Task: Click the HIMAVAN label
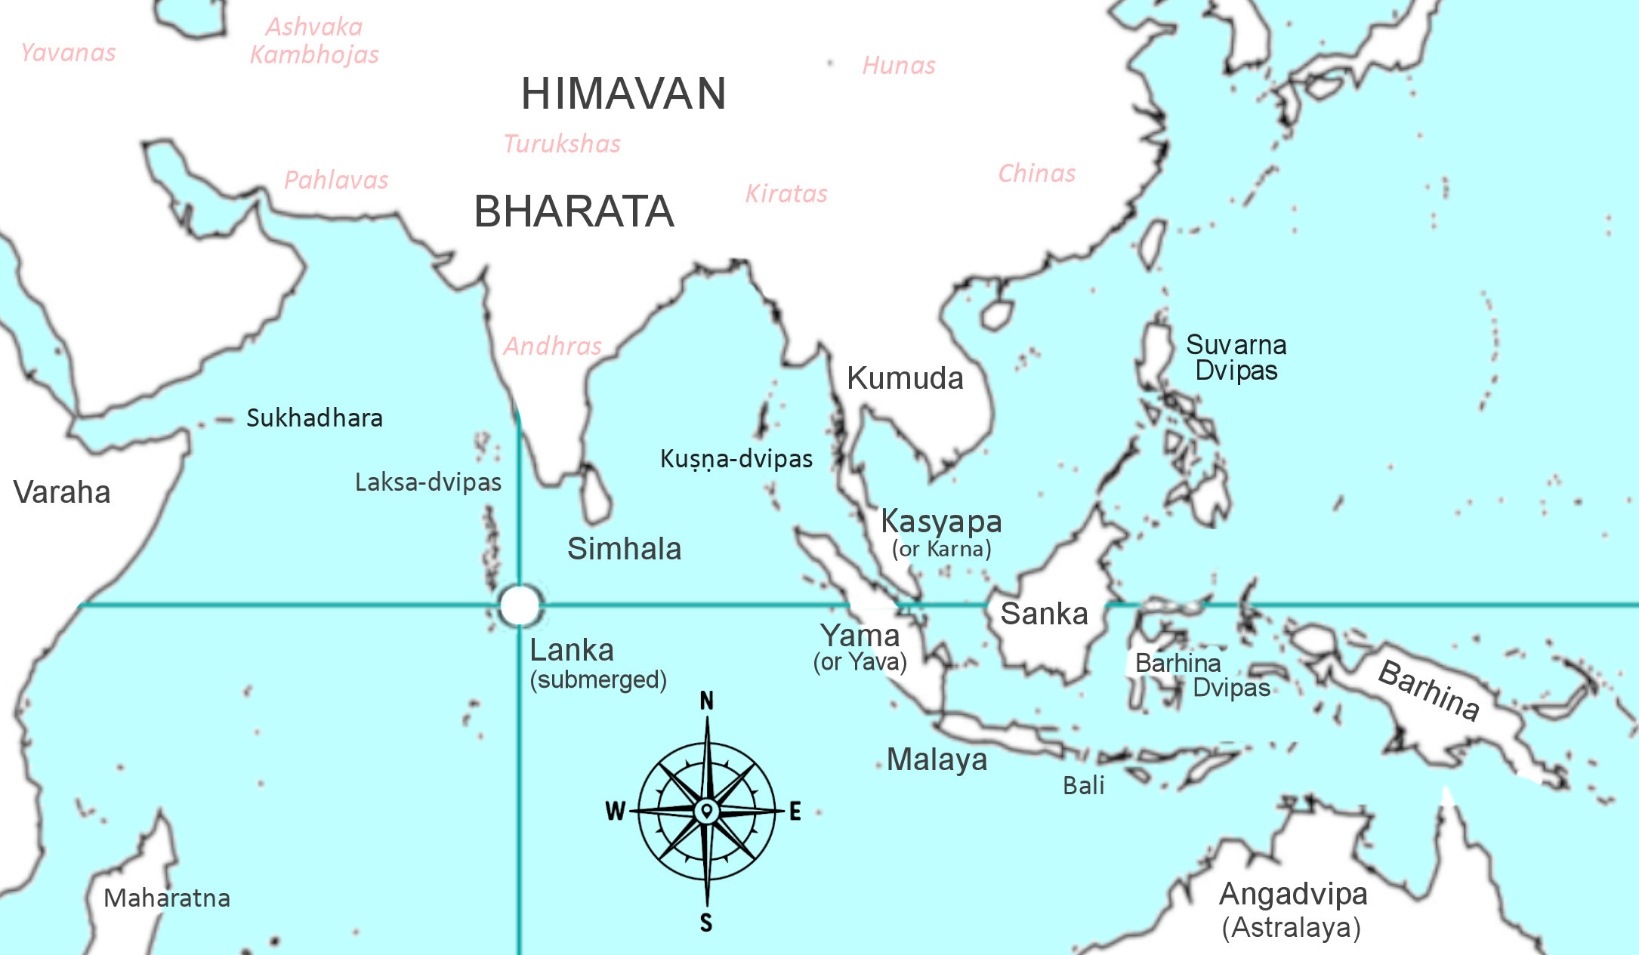tap(623, 94)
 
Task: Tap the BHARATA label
tap(573, 211)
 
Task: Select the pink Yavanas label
tap(68, 53)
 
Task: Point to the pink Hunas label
tap(899, 66)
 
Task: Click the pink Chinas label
tap(1036, 174)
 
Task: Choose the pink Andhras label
tap(552, 347)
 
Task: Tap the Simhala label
tap(624, 549)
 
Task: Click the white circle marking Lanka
tap(520, 605)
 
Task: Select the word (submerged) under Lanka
tap(598, 679)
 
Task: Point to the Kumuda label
tap(905, 378)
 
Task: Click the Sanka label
tap(1044, 614)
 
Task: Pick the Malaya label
tap(937, 759)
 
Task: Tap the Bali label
tap(1083, 786)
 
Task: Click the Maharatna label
tap(167, 898)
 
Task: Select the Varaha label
tap(62, 492)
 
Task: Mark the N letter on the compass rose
tap(706, 701)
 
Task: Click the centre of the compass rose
tap(706, 812)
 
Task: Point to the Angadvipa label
tap(1293, 895)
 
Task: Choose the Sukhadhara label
tap(314, 418)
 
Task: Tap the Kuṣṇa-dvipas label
tap(736, 459)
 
